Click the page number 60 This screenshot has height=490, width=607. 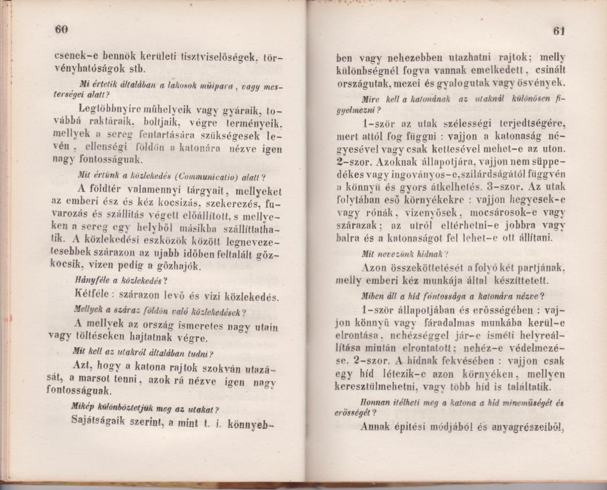point(61,29)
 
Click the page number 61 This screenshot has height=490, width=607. point(558,30)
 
